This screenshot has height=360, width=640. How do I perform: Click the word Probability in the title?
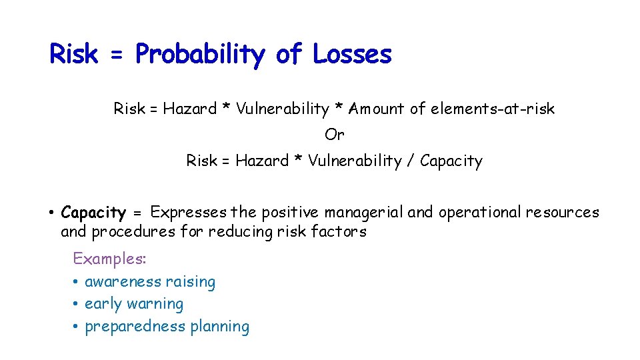(200, 55)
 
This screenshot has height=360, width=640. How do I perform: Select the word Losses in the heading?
(351, 54)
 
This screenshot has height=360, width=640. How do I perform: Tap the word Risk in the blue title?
(73, 54)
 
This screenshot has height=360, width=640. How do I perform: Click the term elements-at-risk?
(492, 109)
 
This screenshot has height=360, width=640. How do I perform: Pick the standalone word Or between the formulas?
(334, 135)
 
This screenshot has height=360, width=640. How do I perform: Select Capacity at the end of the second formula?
(451, 161)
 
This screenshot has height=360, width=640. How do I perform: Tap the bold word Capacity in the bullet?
(93, 213)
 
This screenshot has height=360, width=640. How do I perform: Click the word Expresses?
(188, 213)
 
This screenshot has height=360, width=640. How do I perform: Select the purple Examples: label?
(109, 259)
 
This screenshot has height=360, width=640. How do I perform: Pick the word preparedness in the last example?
(135, 327)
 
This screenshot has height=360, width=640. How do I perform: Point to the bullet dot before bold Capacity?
(51, 213)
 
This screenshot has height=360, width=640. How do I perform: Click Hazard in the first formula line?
(189, 109)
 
